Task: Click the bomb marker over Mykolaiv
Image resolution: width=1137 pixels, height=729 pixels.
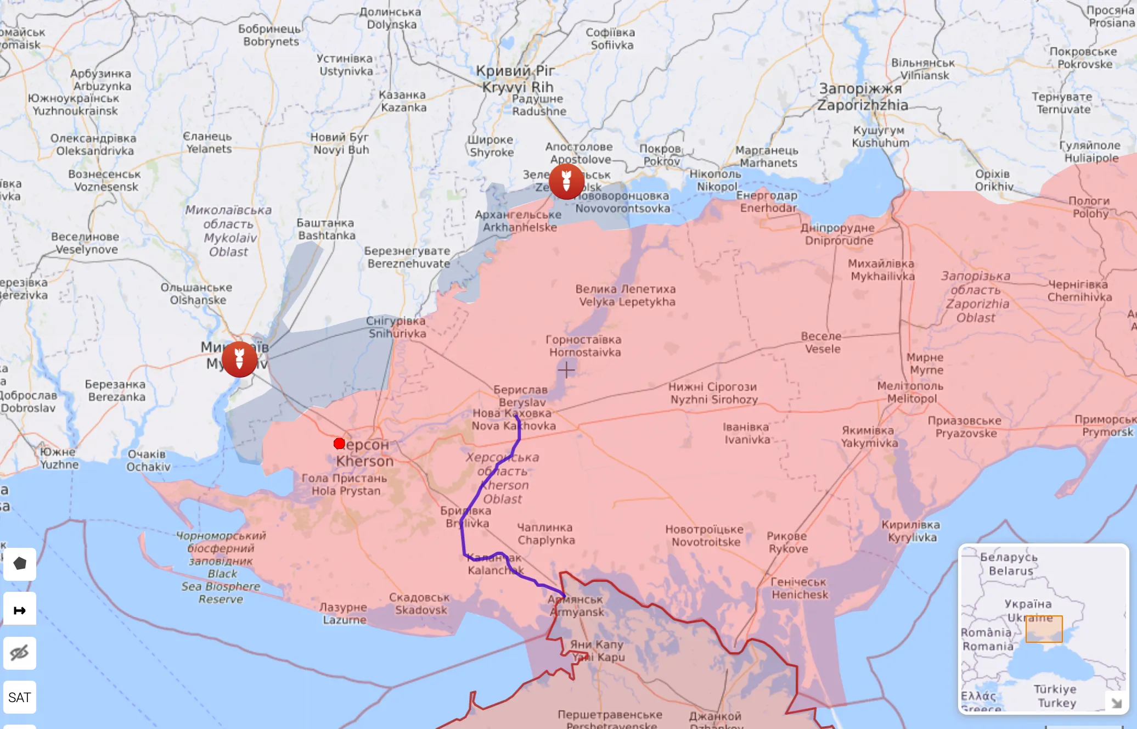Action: [239, 358]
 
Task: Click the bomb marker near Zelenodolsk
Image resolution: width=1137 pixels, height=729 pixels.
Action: [566, 181]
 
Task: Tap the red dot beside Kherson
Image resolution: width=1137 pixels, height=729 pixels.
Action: [339, 444]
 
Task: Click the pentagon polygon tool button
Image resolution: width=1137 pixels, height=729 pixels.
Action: [20, 564]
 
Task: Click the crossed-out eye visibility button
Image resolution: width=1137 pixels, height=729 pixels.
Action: [20, 653]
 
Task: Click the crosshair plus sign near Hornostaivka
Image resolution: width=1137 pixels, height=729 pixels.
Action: [566, 371]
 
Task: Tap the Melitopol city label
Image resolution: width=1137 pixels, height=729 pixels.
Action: [910, 392]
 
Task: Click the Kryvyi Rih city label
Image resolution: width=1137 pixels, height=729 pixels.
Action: [516, 79]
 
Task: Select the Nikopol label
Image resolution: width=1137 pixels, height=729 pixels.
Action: [716, 180]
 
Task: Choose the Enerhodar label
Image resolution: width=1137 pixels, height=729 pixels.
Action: [767, 201]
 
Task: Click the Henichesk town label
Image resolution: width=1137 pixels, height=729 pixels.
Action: [799, 588]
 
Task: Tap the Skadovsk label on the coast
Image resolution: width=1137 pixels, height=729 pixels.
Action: [420, 603]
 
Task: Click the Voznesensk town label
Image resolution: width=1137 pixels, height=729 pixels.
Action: [105, 181]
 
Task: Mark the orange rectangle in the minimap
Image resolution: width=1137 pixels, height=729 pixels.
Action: [1044, 629]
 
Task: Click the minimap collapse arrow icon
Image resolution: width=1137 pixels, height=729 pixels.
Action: [1116, 703]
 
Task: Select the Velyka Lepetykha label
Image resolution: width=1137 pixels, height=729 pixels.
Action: [626, 295]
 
